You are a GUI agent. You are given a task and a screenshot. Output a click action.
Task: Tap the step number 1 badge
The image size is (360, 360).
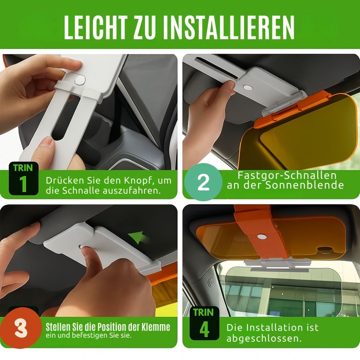tap(23, 179)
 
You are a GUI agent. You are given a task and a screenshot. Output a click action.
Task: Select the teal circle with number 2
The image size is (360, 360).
tap(203, 182)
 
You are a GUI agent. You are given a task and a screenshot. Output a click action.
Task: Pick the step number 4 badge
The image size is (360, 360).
tap(204, 323)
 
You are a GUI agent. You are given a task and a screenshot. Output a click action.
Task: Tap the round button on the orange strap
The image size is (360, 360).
tap(261, 237)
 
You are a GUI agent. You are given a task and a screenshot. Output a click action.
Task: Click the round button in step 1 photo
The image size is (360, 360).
tap(80, 80)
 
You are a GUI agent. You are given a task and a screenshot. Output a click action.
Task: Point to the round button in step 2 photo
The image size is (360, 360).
tap(248, 87)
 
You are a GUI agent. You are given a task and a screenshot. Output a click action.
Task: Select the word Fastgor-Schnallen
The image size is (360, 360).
tap(287, 175)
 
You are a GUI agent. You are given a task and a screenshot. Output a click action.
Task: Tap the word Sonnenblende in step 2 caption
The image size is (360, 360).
tap(305, 185)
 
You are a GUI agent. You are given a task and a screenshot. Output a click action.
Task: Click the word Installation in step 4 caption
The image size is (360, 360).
tap(269, 328)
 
